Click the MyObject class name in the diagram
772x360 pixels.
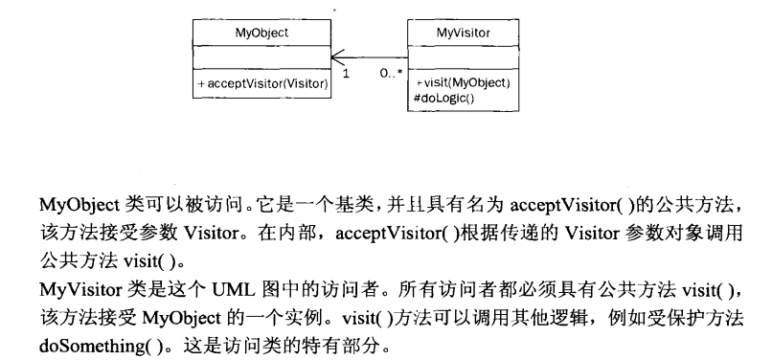point(261,33)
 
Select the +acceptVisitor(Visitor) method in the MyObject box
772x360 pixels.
point(262,85)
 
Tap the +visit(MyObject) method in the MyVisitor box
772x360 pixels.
point(463,82)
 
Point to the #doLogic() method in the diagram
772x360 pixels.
point(445,97)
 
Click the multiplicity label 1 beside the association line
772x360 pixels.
point(344,73)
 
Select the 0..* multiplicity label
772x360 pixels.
point(389,73)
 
